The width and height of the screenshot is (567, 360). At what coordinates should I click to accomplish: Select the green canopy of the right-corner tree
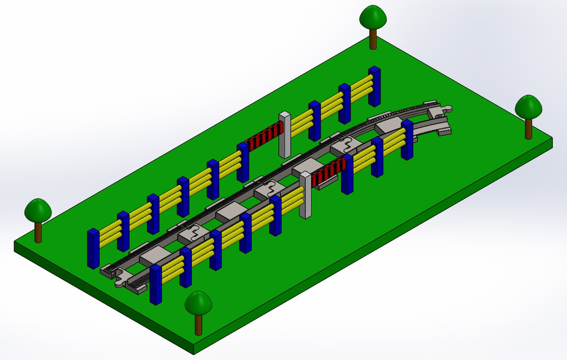click(x=528, y=106)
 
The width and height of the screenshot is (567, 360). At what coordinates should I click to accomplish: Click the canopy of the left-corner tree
click(x=38, y=210)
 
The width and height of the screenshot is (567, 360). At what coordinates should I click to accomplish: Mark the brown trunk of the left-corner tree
click(x=38, y=231)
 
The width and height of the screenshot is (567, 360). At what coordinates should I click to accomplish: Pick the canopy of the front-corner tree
click(x=198, y=303)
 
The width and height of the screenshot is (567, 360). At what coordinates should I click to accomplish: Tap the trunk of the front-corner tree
click(x=198, y=324)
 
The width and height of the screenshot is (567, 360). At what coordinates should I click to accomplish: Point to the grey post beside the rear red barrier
click(x=285, y=135)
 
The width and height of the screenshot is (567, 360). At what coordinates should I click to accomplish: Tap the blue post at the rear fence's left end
click(x=93, y=248)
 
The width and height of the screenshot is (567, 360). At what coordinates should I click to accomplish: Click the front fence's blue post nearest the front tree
click(x=156, y=284)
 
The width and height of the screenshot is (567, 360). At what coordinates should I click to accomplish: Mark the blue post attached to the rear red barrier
click(x=243, y=162)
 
